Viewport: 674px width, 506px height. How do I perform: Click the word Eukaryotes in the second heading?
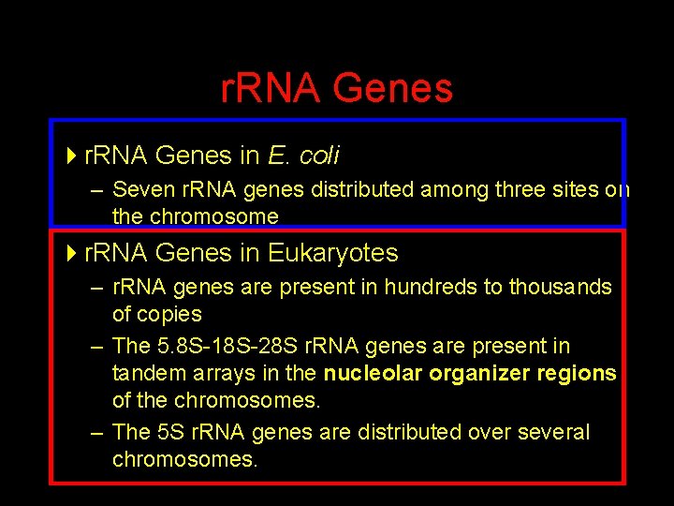[332, 253]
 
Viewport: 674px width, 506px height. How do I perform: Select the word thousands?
[560, 287]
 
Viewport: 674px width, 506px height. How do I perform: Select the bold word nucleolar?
[371, 373]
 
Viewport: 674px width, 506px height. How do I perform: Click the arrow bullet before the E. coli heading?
[73, 154]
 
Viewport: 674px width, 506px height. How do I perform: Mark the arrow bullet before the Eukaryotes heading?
[73, 253]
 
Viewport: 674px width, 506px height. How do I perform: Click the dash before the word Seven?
[96, 190]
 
